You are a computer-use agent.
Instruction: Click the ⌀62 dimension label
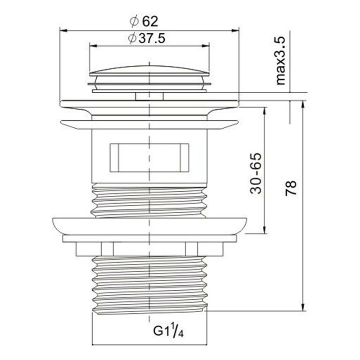coord(144,21)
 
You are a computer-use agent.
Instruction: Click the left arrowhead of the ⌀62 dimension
coord(63,31)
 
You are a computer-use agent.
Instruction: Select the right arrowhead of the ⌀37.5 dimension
coord(207,45)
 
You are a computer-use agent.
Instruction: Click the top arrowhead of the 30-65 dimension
coord(263,111)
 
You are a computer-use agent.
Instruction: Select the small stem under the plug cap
coord(149,95)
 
